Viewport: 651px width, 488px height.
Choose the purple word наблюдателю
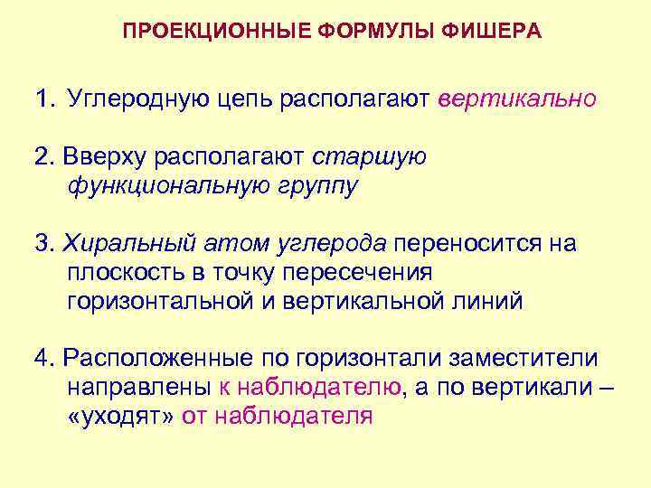tap(309, 388)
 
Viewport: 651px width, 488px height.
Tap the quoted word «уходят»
tap(121, 417)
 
